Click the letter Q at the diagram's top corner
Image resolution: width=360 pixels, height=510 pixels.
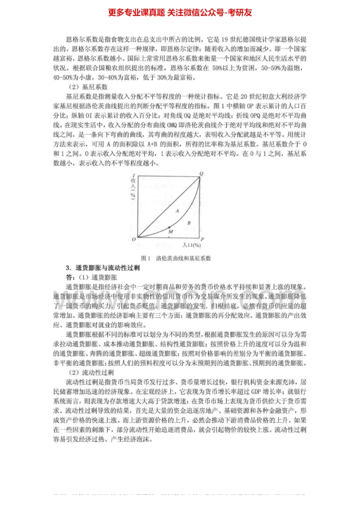click(x=201, y=174)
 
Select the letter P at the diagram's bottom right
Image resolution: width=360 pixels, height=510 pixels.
click(x=202, y=239)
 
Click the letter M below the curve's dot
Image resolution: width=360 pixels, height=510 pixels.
click(x=170, y=232)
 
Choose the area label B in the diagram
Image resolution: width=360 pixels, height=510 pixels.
click(x=189, y=223)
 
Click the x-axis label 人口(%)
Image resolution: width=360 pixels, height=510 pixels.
click(x=191, y=245)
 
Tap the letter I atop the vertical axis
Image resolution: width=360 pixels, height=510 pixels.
click(x=134, y=175)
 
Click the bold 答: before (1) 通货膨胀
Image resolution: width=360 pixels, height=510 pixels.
click(x=71, y=276)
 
